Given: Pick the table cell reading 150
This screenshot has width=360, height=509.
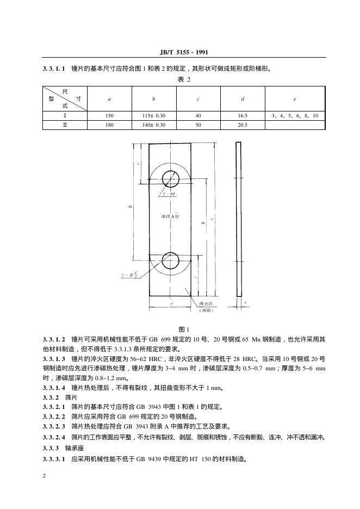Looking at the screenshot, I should click(x=109, y=116).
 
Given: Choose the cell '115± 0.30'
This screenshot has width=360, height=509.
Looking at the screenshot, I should click(x=154, y=116).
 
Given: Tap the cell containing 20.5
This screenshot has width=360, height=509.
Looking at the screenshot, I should click(x=243, y=125).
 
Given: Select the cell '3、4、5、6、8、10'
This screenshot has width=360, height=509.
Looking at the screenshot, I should click(x=295, y=116).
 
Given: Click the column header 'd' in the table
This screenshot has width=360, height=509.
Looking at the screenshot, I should click(x=243, y=99).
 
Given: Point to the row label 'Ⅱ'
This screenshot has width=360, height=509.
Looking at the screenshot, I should click(x=65, y=125).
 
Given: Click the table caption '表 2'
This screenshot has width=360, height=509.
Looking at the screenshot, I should click(x=184, y=79).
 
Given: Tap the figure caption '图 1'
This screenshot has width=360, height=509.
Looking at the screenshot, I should click(x=184, y=329).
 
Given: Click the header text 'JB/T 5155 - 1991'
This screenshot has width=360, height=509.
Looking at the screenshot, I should click(x=184, y=52).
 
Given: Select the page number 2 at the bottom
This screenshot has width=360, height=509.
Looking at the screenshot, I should click(x=44, y=476).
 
